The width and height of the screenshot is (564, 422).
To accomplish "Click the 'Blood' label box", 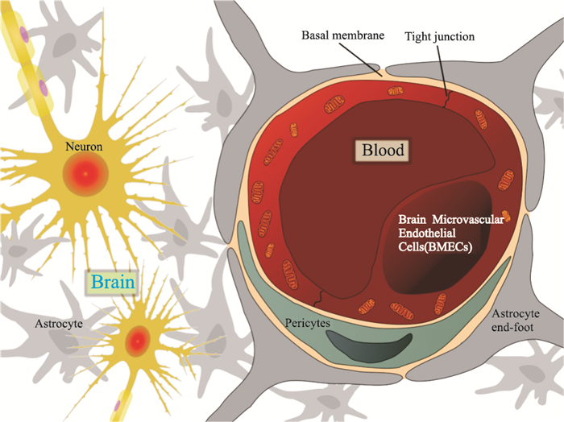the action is click(x=382, y=150).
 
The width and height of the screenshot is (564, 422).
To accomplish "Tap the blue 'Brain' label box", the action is click(x=113, y=282).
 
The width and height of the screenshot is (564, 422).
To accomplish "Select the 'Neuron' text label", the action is click(x=84, y=147).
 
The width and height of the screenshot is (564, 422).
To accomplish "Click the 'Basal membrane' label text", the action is click(x=342, y=35).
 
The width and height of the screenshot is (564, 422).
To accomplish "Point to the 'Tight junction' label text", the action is click(x=440, y=37).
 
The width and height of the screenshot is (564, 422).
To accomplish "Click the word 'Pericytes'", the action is click(x=308, y=323).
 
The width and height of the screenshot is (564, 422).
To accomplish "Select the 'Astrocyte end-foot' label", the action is click(x=516, y=321).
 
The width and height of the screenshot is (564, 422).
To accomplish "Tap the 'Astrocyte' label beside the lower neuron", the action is click(x=59, y=324).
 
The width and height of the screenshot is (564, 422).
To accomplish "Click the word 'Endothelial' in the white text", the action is click(x=427, y=233).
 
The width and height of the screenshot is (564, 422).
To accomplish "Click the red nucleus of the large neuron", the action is click(x=85, y=174).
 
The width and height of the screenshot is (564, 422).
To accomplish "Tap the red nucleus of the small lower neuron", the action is click(x=138, y=341).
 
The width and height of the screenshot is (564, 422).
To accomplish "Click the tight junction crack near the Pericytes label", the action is click(x=317, y=298).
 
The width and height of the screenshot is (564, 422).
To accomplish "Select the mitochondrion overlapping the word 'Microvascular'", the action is click(x=507, y=216).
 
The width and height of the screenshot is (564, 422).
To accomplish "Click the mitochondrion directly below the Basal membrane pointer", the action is click(x=396, y=91).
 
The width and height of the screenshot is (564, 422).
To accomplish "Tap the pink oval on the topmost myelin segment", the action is click(x=24, y=35).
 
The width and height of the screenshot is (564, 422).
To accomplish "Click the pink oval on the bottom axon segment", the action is click(x=118, y=406).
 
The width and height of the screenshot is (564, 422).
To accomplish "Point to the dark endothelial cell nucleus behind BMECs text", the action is click(x=437, y=238).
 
